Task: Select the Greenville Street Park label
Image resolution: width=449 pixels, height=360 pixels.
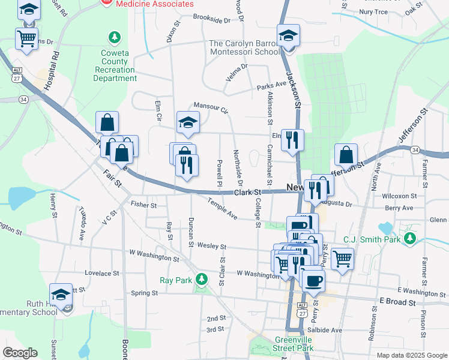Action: [x=289, y=344]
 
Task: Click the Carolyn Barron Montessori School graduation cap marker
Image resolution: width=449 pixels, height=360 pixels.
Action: [x=289, y=36]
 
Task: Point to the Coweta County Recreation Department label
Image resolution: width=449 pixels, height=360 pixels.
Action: [x=115, y=65]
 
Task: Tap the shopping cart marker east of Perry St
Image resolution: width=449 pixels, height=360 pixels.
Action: [x=342, y=259]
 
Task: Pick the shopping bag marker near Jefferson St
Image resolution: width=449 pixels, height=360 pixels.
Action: [x=346, y=155]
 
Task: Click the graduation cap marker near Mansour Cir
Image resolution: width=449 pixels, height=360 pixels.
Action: [x=188, y=122]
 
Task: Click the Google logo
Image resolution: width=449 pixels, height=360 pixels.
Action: [x=20, y=353]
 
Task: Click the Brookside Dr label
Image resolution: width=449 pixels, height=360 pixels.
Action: [x=211, y=20]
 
